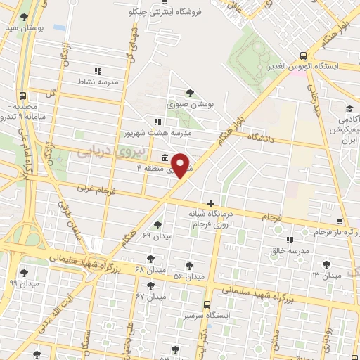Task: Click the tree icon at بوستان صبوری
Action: click(x=190, y=93)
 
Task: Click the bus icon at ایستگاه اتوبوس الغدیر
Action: click(x=303, y=56)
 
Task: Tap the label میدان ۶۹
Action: click(x=156, y=235)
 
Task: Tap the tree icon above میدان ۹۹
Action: click(x=25, y=273)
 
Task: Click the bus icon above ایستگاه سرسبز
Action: click(x=207, y=305)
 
